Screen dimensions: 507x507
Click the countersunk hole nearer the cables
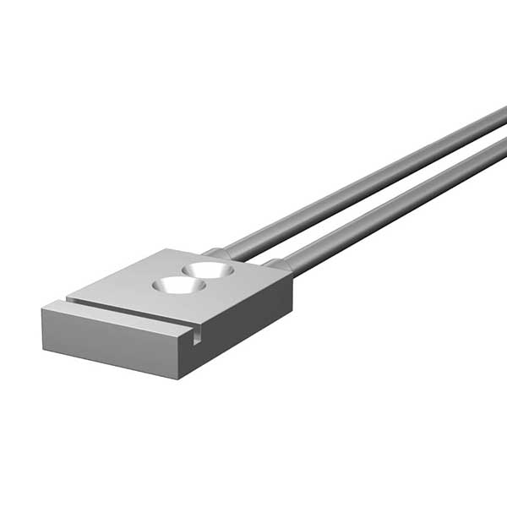point(208,270)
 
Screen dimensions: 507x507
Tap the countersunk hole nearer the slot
point(178,286)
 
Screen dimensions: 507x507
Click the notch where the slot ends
point(196,337)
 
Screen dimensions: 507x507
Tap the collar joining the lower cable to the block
point(279,266)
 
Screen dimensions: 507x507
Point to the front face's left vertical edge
point(42,329)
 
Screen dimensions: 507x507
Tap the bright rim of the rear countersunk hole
point(209,263)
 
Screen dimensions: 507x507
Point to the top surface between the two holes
point(194,278)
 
